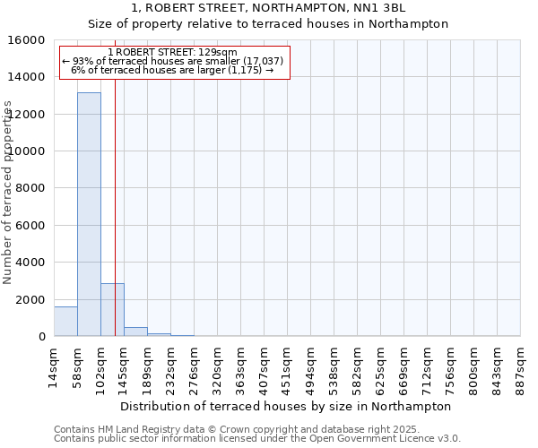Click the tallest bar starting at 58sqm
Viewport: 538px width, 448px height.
[89, 214]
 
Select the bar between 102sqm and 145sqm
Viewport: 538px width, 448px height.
[112, 310]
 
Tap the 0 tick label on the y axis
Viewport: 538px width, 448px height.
[43, 337]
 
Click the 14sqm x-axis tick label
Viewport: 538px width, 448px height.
[54, 366]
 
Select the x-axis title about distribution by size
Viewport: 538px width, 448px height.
[286, 406]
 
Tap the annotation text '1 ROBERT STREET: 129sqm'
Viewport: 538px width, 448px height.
[172, 53]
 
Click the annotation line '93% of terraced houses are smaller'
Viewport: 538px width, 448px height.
[172, 61]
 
